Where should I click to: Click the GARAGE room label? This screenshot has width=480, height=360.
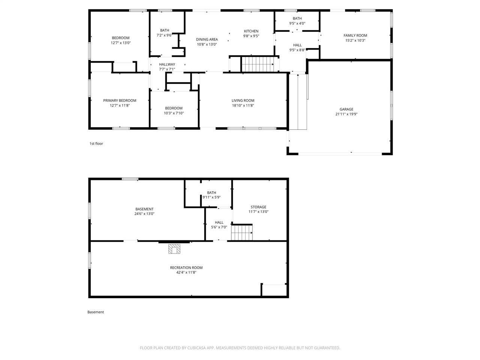click(346, 109)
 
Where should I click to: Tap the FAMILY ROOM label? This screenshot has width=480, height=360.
click(355, 36)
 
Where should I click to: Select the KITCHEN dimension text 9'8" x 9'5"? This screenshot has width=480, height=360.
click(251, 36)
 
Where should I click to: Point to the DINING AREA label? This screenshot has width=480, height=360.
click(207, 39)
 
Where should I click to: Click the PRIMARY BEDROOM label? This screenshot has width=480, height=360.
click(120, 100)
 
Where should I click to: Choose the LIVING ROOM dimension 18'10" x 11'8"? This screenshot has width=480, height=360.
click(243, 105)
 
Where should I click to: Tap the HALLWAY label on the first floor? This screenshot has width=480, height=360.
click(167, 64)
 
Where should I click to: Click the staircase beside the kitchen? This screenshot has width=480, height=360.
click(258, 64)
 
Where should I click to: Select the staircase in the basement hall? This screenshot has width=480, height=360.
click(241, 232)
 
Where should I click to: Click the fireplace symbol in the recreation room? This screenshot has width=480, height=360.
click(174, 249)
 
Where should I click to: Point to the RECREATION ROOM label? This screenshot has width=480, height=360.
click(186, 268)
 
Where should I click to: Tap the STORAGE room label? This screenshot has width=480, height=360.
click(258, 207)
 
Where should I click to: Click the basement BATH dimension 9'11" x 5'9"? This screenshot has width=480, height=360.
click(211, 197)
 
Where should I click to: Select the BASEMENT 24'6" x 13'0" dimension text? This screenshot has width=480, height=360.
click(144, 214)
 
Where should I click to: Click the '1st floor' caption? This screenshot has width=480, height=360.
click(96, 144)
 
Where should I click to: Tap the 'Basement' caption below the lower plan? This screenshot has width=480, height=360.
click(96, 312)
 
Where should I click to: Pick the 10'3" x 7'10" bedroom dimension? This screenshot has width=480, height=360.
click(174, 113)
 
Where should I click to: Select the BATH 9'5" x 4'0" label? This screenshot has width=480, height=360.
click(297, 18)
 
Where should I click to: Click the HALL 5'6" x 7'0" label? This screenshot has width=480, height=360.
click(219, 222)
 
